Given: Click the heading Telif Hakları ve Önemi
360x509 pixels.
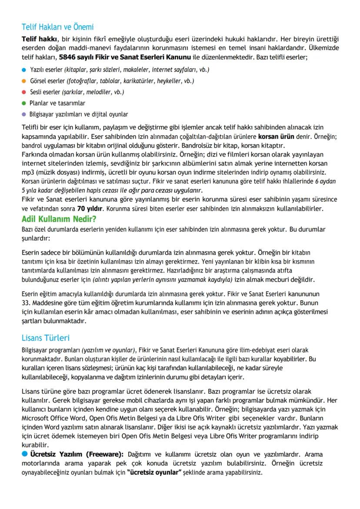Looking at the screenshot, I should (57, 27).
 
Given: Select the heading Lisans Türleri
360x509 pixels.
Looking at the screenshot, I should (45, 338).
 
